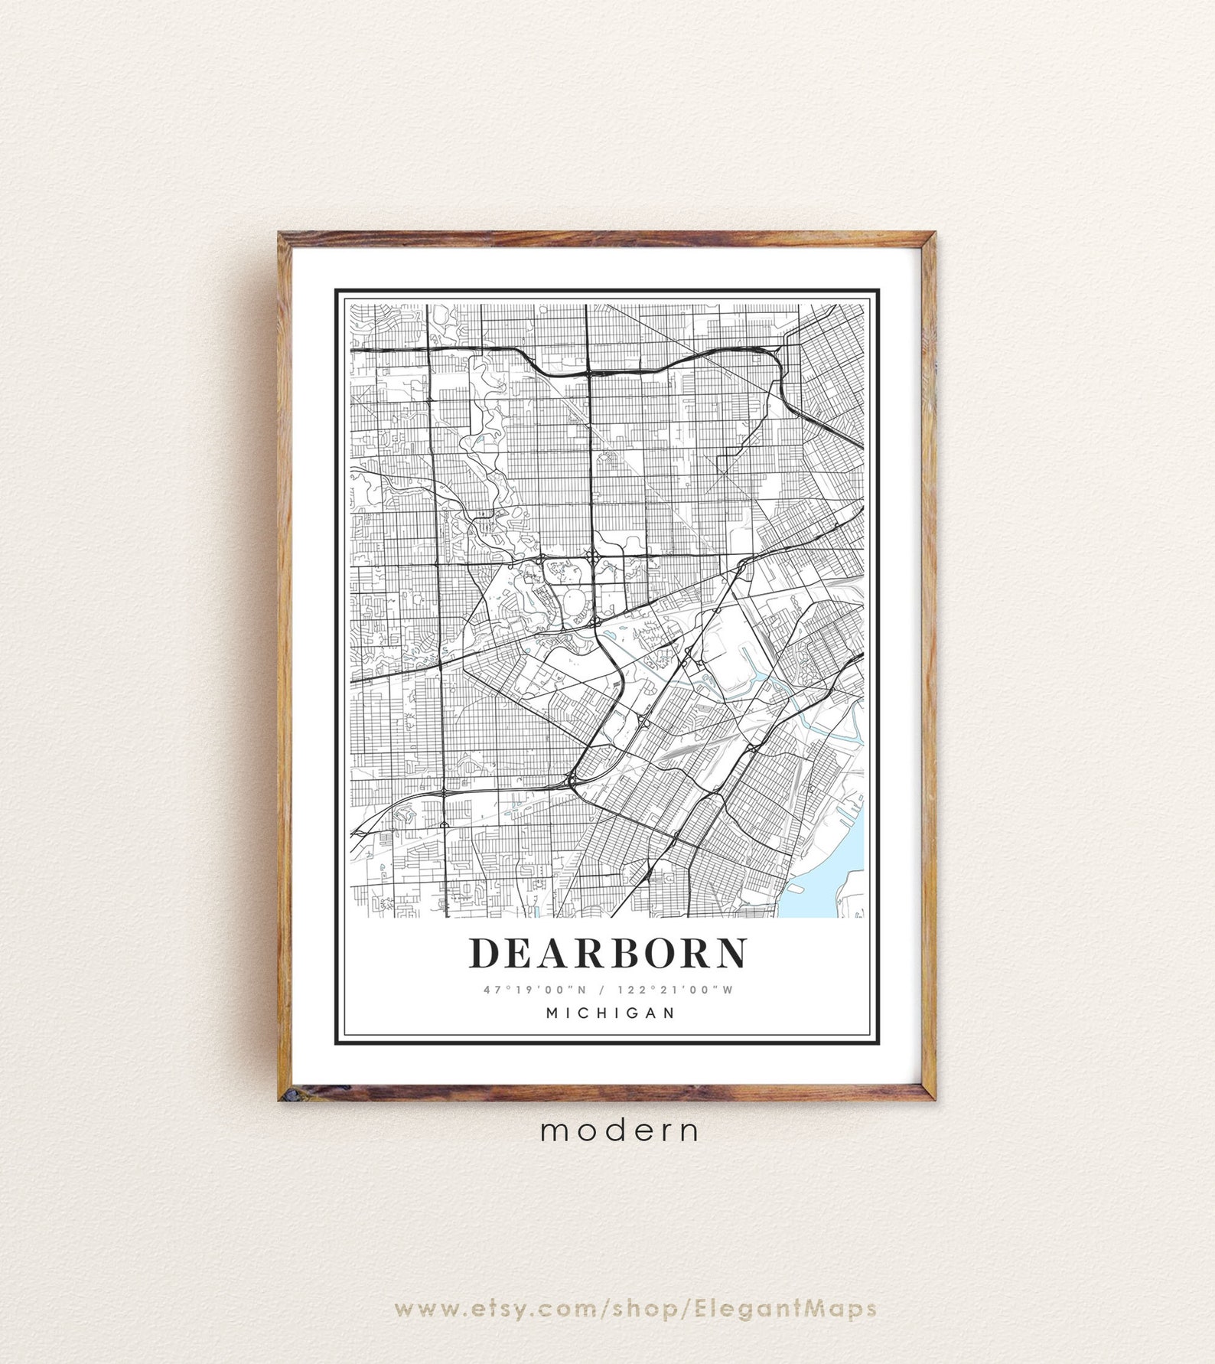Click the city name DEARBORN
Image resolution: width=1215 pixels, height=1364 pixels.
coord(607,953)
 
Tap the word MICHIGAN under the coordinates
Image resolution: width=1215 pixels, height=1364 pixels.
coord(611,1013)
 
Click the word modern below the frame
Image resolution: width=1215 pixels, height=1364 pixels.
coord(619,1131)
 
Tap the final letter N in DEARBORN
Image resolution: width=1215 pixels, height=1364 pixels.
coord(730,953)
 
